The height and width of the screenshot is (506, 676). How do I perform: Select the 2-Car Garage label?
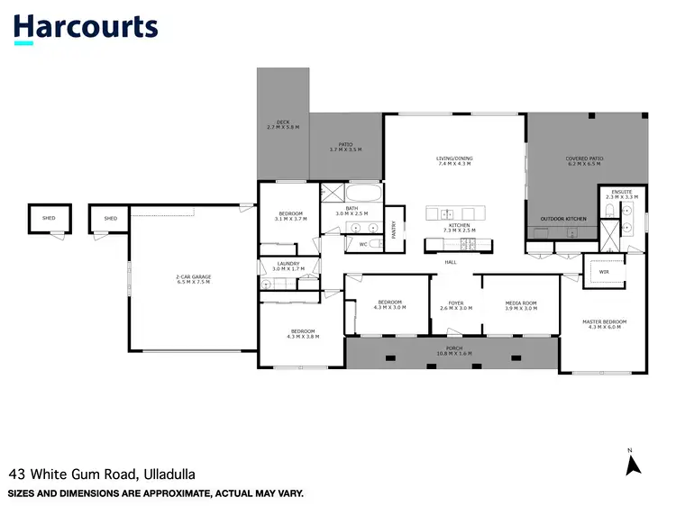coord(192,280)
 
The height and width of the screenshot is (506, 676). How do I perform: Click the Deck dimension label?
coord(283,125)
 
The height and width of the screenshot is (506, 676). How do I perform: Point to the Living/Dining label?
coord(454,161)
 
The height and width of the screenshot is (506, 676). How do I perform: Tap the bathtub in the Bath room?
coord(363,193)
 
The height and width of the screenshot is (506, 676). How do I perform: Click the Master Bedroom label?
coord(605,324)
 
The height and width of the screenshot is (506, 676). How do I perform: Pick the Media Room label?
coord(520,304)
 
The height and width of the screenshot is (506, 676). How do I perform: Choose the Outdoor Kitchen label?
coord(563,219)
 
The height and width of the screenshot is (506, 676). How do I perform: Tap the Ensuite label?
coord(622,194)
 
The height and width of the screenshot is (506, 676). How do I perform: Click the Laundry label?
coord(290,267)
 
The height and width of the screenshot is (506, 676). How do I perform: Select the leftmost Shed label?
coord(50,218)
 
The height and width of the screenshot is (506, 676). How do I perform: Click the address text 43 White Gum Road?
coord(102,474)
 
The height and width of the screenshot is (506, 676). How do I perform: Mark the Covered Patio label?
coord(584,161)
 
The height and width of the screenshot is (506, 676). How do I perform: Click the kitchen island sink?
coord(447,213)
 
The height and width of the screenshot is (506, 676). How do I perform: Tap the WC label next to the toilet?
coord(363,243)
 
